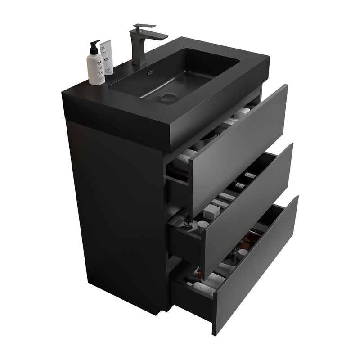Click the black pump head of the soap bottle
click(x=94, y=45)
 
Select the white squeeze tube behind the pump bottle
click(x=107, y=56)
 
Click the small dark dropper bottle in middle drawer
click(x=188, y=221)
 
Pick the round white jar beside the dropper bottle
click(x=202, y=225)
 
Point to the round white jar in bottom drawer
click(x=243, y=253)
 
